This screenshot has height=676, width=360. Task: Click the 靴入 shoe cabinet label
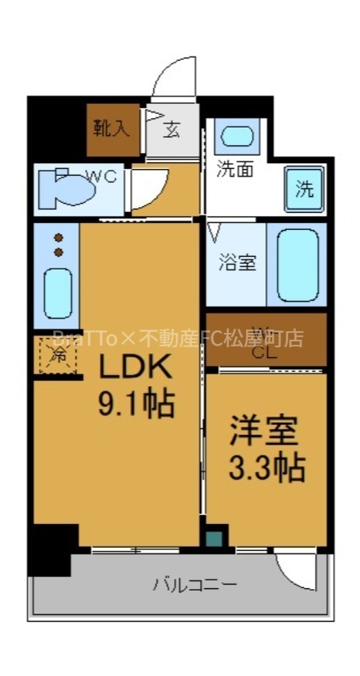(112, 128)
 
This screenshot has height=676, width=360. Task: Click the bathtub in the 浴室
(297, 264)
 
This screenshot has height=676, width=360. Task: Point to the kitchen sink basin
(58, 293)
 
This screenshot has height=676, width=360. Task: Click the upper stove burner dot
(59, 238)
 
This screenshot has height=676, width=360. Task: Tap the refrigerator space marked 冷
(57, 356)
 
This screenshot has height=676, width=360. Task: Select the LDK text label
(138, 368)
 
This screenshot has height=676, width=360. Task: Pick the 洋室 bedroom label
(265, 432)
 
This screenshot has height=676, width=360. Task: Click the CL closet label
(265, 352)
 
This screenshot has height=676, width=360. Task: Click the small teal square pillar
(215, 538)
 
